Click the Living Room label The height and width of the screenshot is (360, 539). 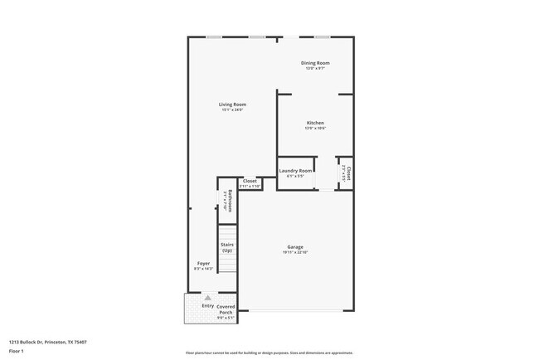click(x=232, y=105)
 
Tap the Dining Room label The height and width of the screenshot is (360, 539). click(x=315, y=63)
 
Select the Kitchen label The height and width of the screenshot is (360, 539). click(x=315, y=123)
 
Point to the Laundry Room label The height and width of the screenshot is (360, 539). click(x=296, y=171)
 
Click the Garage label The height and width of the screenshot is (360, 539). click(x=295, y=246)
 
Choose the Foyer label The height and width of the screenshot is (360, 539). click(x=203, y=264)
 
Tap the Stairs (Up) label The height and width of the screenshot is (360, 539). click(x=226, y=247)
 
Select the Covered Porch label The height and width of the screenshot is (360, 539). click(x=226, y=309)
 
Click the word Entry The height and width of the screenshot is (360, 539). click(x=207, y=306)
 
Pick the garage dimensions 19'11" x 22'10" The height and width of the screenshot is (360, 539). click(x=295, y=251)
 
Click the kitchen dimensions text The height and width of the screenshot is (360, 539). click(x=315, y=128)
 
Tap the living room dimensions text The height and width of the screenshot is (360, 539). click(x=232, y=109)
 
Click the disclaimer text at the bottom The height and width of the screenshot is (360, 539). click(x=269, y=353)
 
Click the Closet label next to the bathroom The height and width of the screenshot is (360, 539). click(x=250, y=181)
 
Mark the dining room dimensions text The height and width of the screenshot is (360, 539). click(x=315, y=68)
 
